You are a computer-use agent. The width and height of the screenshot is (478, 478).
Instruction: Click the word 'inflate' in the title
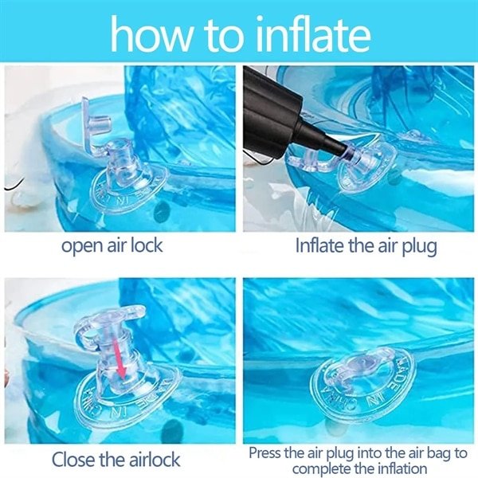point(313,33)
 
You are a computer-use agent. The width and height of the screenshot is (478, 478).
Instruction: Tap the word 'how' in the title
point(151,35)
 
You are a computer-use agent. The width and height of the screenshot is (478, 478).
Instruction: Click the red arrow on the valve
point(119,358)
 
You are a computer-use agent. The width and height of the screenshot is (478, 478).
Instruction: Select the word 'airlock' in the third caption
point(155,460)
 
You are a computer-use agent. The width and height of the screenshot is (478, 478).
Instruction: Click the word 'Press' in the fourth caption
point(264,453)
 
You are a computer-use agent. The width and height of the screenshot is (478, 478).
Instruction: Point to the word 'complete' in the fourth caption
point(318,469)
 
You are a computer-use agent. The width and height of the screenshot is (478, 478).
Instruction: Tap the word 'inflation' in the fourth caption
point(402,468)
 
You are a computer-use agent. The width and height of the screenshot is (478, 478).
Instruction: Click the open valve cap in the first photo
point(95,122)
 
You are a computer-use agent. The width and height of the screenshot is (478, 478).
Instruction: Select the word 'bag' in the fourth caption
point(437,453)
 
